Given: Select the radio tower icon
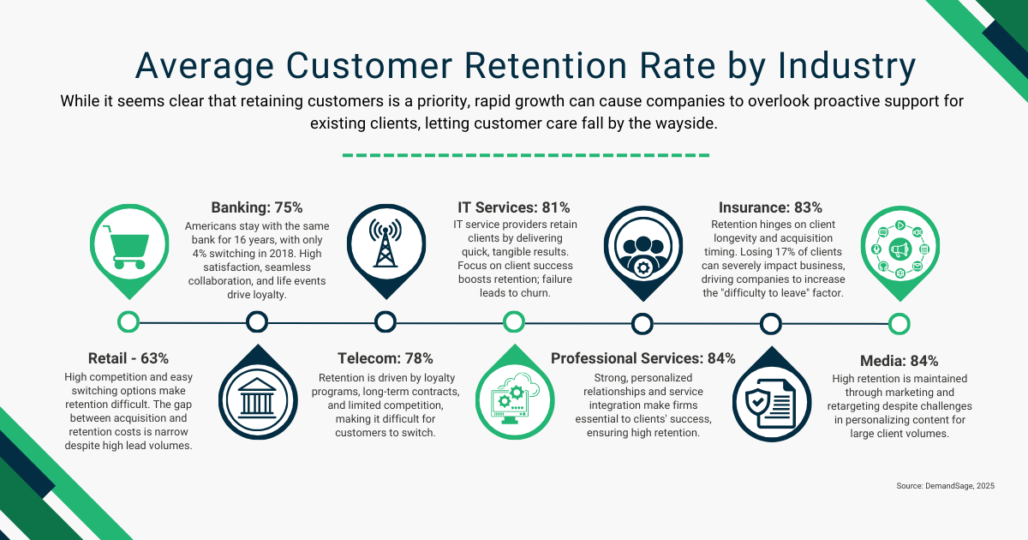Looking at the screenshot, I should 385,243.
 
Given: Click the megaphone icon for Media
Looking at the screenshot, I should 899,249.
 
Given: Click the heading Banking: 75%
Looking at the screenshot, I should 256,207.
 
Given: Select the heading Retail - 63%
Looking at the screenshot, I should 128,358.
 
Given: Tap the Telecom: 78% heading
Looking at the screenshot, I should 385,358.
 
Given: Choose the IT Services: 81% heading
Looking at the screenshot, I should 513,207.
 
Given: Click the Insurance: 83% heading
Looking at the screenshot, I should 770,207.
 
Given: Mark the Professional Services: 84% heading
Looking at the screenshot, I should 642,358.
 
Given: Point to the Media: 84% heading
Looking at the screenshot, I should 899,361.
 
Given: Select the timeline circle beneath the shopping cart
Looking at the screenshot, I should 128,322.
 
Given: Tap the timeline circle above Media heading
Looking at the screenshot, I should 899,323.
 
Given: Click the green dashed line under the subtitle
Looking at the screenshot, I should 525,156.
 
